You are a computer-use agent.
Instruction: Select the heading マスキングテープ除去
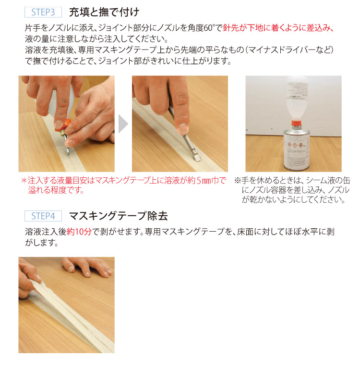[118, 215]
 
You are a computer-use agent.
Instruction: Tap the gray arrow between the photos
[123, 124]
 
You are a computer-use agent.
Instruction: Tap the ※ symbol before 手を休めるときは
[237, 181]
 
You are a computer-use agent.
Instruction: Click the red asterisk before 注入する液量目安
[23, 181]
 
